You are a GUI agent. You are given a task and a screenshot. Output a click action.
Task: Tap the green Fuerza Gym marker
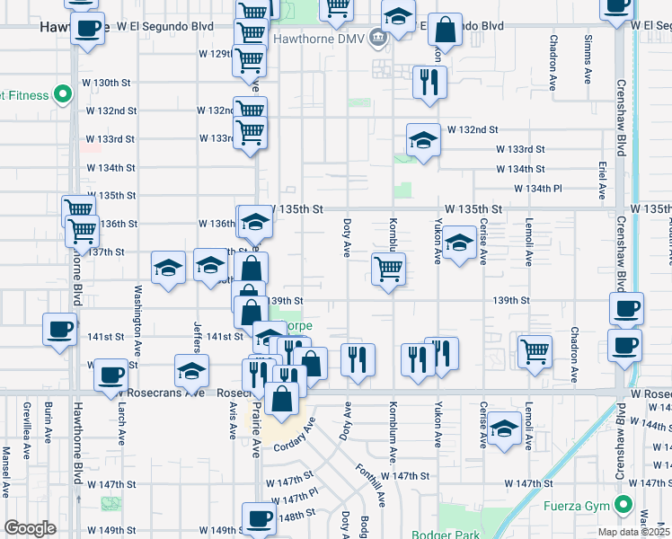click(x=621, y=505)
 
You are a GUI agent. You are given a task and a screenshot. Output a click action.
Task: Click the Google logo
click(x=30, y=529)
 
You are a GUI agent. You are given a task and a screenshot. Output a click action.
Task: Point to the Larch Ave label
click(x=121, y=422)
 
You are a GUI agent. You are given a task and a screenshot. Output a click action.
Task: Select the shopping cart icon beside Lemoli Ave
click(x=535, y=348)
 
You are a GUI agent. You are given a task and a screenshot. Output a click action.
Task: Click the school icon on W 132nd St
click(x=423, y=138)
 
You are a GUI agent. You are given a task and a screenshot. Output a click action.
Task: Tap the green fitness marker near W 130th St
click(x=62, y=93)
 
